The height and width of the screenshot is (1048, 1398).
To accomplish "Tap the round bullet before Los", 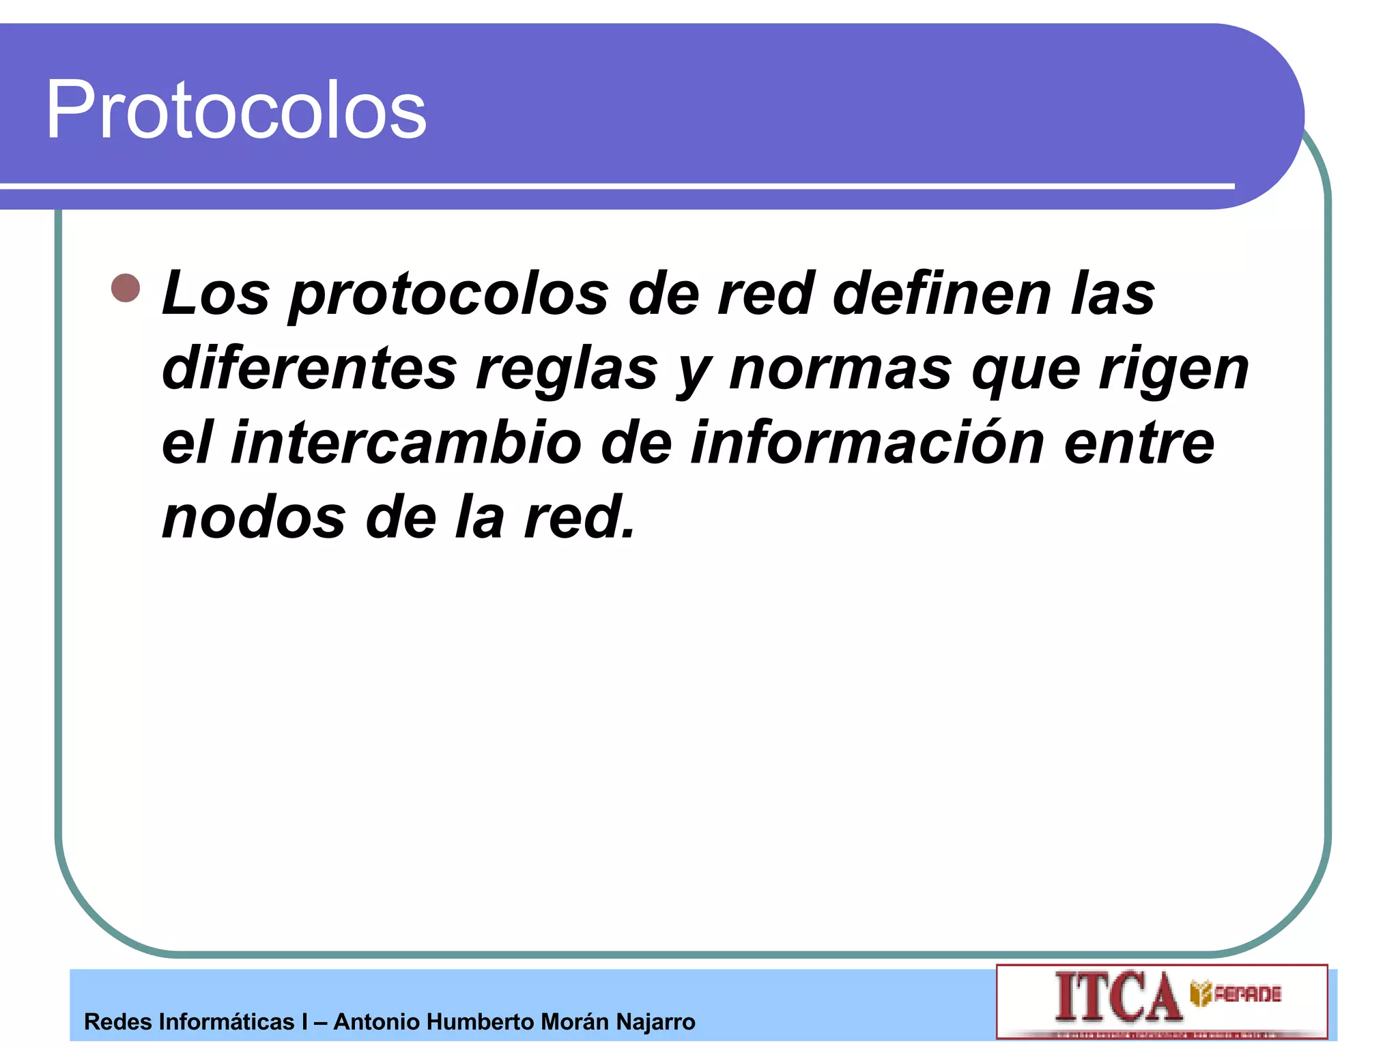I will (126, 288).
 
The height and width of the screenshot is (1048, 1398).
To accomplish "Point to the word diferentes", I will (309, 368).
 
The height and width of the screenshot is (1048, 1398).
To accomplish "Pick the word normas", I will (840, 370).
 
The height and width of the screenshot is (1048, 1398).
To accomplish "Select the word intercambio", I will (406, 443).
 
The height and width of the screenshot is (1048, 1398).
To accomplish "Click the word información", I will (867, 443).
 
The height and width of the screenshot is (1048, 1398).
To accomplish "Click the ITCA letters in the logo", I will (1117, 998).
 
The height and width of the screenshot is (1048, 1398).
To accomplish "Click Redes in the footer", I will (117, 1022).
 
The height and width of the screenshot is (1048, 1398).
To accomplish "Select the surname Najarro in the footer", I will (655, 1022).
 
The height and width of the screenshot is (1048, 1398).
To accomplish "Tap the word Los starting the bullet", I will (216, 295).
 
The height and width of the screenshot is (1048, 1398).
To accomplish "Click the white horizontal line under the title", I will (614, 186).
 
